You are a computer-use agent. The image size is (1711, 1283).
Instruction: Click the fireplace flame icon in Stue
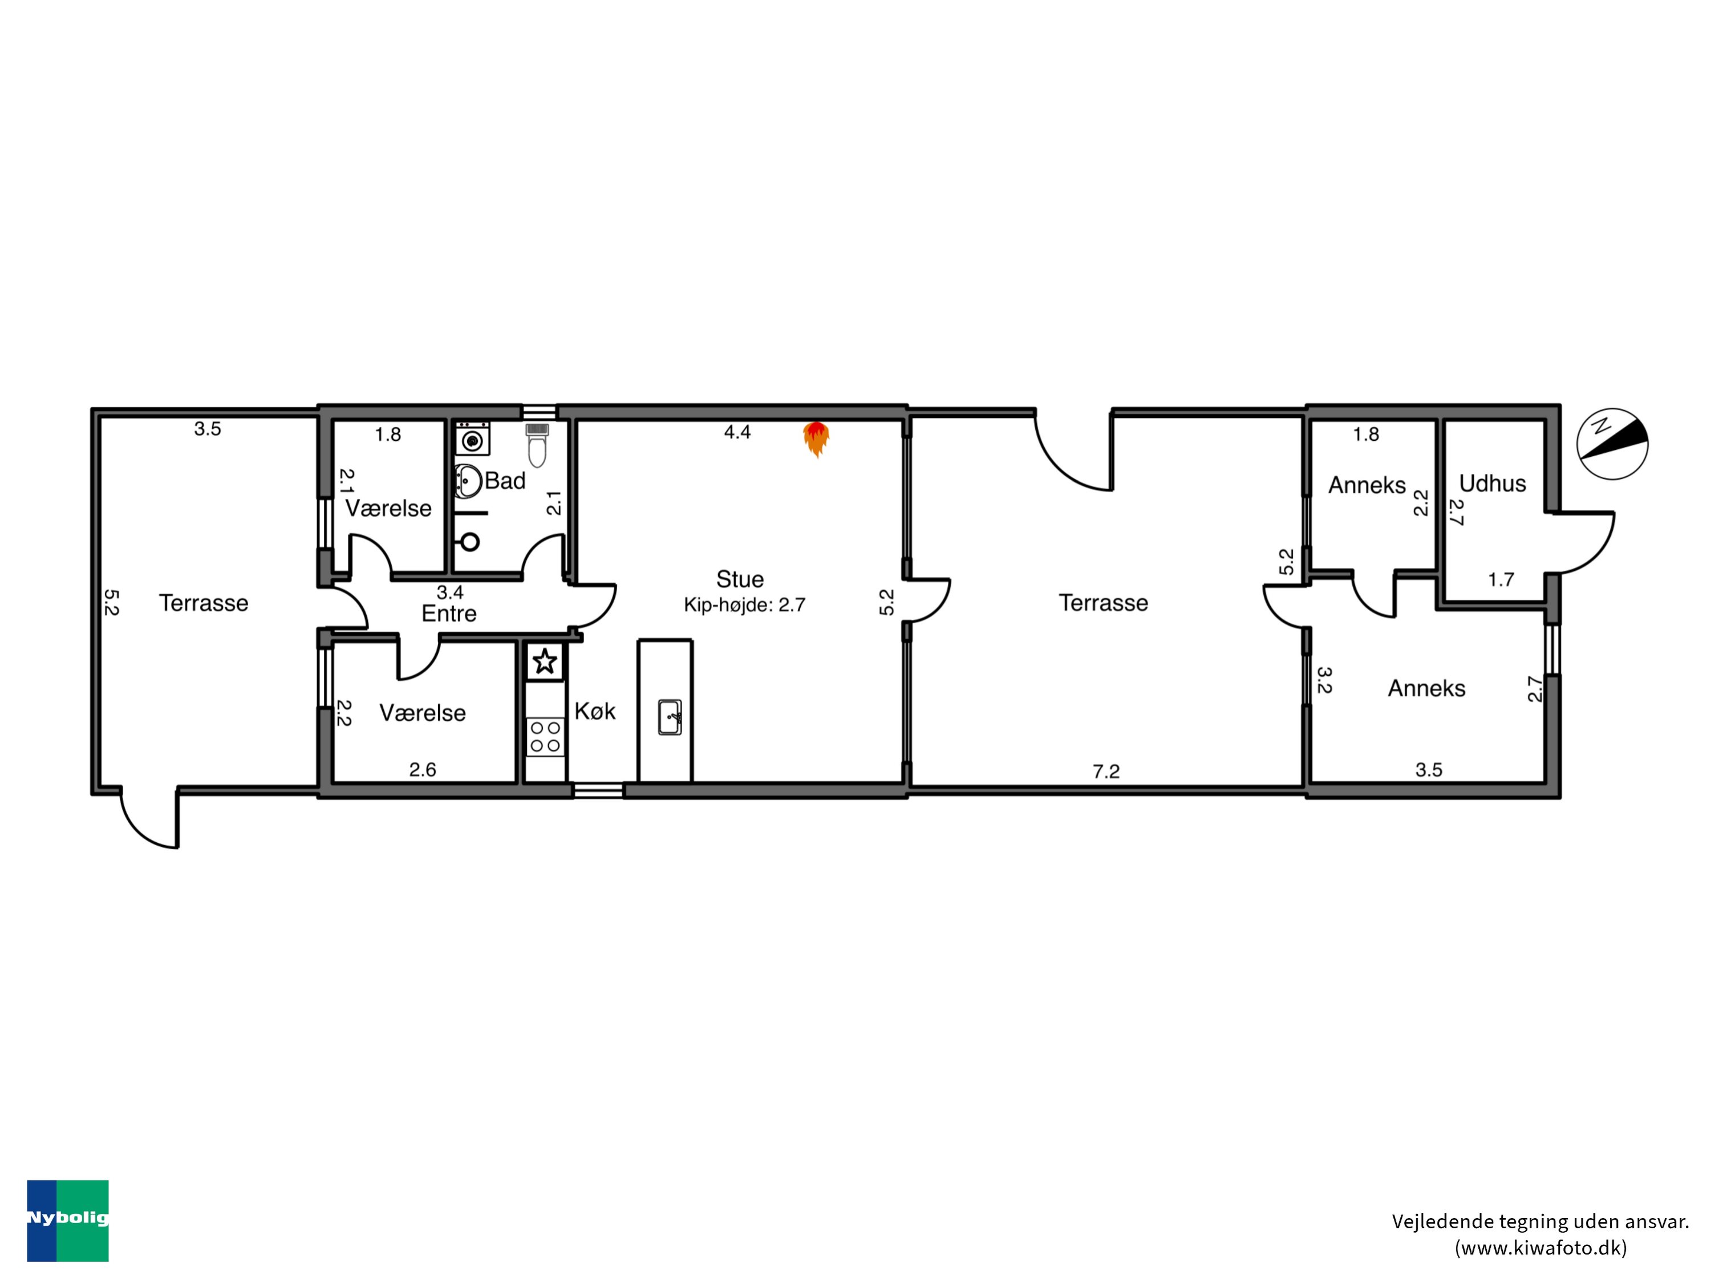(816, 439)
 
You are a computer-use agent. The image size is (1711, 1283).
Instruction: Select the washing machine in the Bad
(472, 439)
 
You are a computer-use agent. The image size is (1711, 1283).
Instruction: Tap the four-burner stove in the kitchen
(545, 736)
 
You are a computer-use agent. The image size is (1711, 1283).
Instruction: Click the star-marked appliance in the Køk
(545, 661)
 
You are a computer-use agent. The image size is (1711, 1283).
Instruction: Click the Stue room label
(740, 579)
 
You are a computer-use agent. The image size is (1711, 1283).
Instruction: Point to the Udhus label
(1492, 484)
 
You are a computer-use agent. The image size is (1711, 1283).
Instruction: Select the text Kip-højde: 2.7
(744, 605)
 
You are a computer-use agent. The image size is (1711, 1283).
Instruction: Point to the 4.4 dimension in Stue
(737, 432)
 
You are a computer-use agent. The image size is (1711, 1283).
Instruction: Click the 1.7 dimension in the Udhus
(1501, 579)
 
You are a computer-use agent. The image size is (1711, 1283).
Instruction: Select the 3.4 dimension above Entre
(449, 592)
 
